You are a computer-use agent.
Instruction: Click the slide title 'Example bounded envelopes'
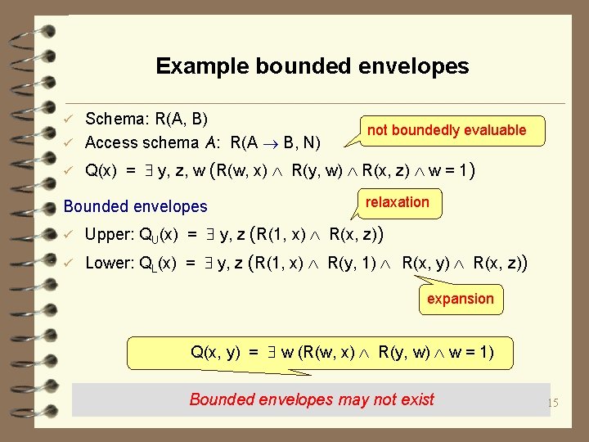tap(312, 65)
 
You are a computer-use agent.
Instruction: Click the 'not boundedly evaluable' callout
tap(446, 130)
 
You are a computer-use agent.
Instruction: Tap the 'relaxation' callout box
tap(397, 202)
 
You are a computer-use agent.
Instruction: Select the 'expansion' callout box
tap(460, 299)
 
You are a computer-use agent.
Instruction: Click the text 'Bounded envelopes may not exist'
tap(312, 399)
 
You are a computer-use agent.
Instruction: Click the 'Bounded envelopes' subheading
tap(135, 206)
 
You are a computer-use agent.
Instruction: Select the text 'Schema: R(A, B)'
tap(145, 119)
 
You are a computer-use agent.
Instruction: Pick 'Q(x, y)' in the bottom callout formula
tap(215, 353)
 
